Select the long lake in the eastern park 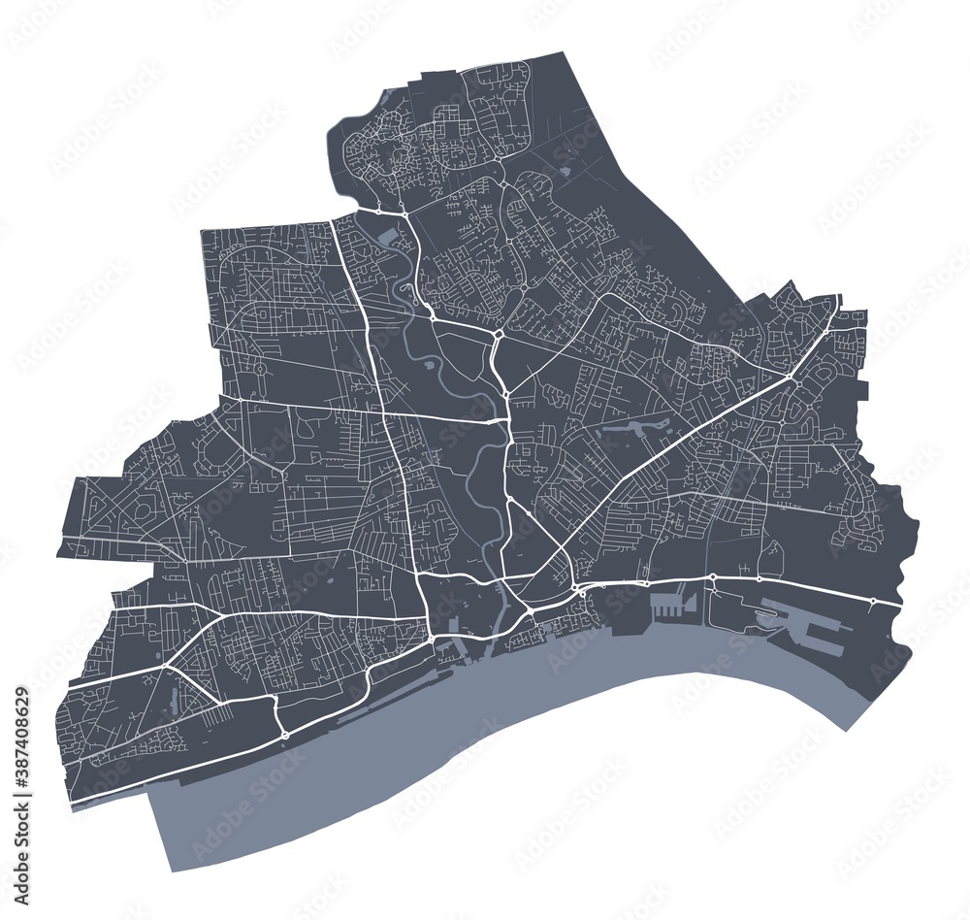640,426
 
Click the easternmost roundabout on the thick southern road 872,602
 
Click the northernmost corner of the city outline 563,53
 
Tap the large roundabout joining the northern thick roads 497,333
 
